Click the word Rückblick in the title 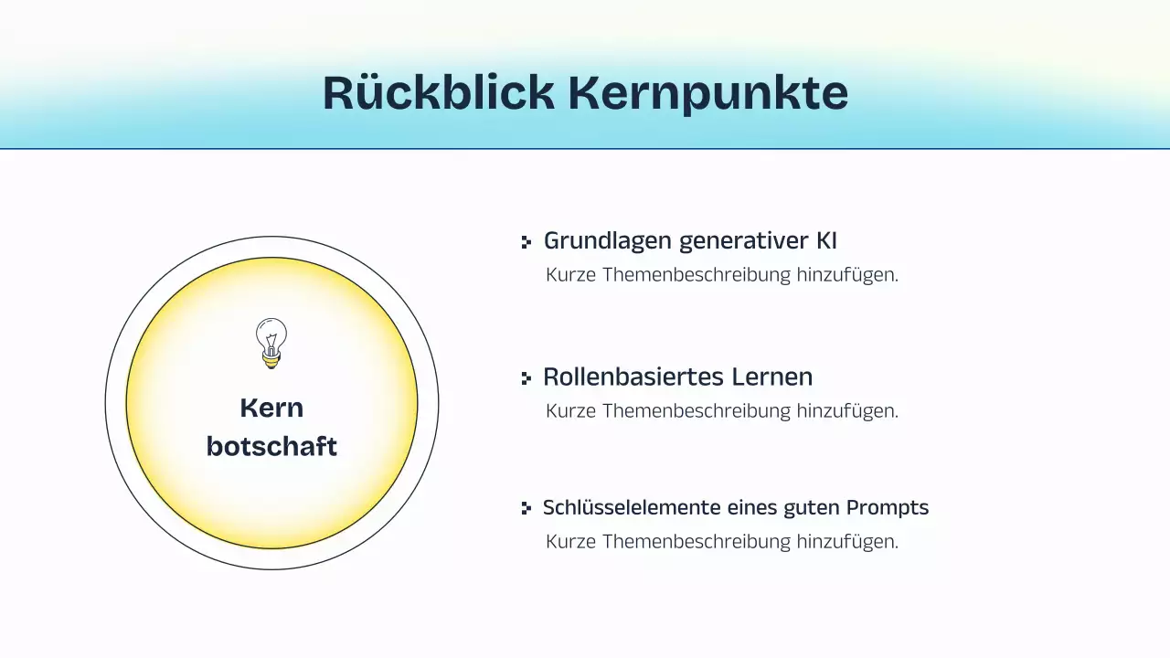[x=438, y=93]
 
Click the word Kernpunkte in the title [x=707, y=93]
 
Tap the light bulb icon [x=271, y=344]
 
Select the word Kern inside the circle [x=271, y=408]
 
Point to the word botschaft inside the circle [x=271, y=447]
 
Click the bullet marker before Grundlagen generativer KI [x=526, y=242]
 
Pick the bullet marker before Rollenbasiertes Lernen [x=526, y=377]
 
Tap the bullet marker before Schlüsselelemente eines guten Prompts [x=526, y=508]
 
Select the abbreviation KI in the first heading [x=826, y=241]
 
